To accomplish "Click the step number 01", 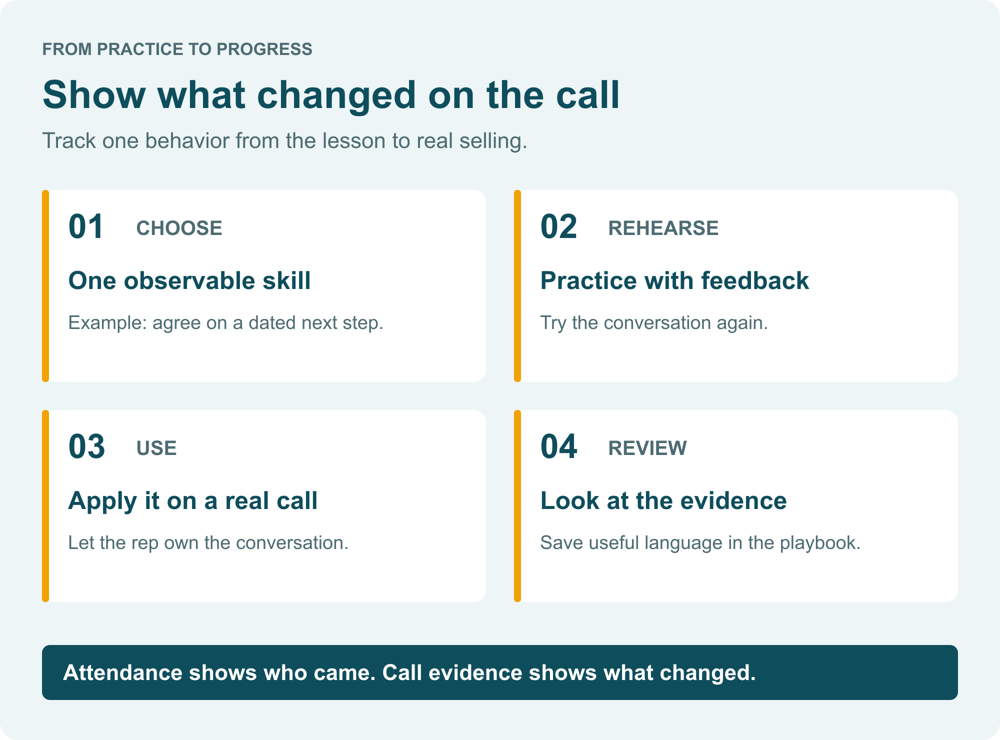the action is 86,227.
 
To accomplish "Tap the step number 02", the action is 558,227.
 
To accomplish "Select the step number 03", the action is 86,447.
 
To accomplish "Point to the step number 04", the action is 558,447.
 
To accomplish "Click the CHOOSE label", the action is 179,228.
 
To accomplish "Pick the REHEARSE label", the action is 663,228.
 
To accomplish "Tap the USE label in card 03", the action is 156,448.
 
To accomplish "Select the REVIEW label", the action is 647,448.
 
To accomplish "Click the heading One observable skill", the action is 189,280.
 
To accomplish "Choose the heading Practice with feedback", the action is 674,280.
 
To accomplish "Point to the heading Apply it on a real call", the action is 193,501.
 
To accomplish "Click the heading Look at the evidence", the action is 663,500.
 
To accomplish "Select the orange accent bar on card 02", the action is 517,286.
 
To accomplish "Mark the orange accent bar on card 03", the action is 45,506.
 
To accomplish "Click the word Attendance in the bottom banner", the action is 123,672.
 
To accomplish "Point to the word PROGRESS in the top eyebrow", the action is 264,49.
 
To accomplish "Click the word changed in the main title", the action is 336,96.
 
